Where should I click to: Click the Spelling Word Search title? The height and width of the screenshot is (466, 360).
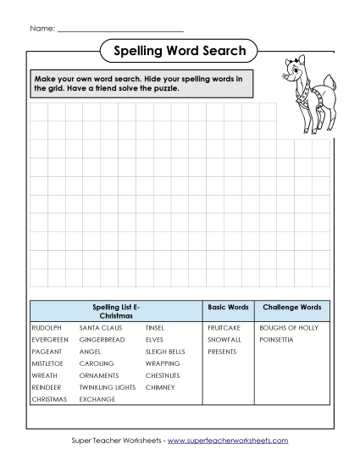tap(180, 51)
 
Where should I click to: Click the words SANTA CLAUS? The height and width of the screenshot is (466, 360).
tap(101, 327)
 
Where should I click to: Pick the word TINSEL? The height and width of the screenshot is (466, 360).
tap(155, 327)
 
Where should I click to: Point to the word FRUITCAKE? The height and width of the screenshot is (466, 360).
tap(224, 327)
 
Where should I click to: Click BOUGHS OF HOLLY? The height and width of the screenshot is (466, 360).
tap(289, 327)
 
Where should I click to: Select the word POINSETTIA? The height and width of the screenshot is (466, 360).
tap(276, 339)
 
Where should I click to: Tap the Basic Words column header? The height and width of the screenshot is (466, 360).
tap(228, 307)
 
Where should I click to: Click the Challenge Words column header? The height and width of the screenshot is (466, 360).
tap(292, 307)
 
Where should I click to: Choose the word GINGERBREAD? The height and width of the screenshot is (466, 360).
tap(102, 339)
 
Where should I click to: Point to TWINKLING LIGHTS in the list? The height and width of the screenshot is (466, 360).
tap(108, 386)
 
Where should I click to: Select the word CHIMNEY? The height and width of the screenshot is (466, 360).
tap(160, 386)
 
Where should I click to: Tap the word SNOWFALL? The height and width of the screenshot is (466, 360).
tap(224, 339)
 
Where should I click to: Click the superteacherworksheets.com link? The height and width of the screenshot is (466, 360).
tap(228, 441)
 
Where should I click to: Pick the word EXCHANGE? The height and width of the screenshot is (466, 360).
tap(97, 398)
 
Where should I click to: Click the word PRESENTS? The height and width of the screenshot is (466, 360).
tap(222, 351)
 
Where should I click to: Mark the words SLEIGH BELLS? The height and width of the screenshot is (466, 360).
tap(165, 351)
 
